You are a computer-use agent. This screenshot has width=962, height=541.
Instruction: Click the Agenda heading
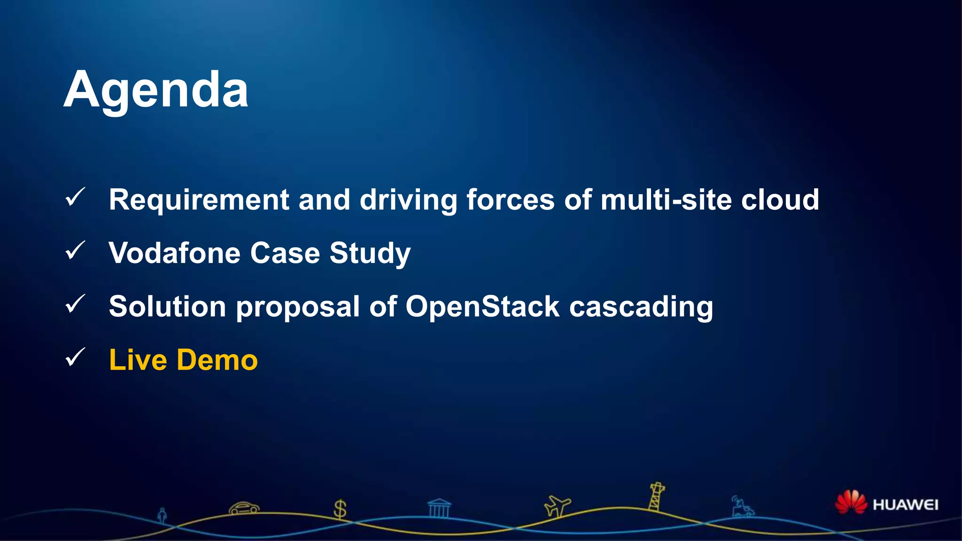click(x=155, y=90)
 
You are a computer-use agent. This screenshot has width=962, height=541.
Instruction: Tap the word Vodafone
click(x=174, y=253)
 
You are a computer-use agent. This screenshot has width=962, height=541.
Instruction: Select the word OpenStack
click(x=482, y=307)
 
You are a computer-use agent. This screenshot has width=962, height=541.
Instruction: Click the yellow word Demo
click(x=217, y=360)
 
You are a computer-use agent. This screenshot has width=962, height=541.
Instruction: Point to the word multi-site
click(x=666, y=200)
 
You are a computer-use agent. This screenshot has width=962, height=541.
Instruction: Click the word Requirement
click(x=199, y=200)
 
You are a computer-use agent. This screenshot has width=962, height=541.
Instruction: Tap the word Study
click(x=370, y=254)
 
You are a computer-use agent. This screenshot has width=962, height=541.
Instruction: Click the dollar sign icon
click(x=340, y=509)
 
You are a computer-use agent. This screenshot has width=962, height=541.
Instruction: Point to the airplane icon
click(x=557, y=506)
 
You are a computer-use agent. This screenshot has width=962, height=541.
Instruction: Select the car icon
click(x=244, y=508)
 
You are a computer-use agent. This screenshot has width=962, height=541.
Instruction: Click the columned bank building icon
click(x=439, y=508)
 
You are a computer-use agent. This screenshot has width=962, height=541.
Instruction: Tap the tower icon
click(x=656, y=497)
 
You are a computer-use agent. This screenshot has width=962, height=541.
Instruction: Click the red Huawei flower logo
click(x=851, y=502)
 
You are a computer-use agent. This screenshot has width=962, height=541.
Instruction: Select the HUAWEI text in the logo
click(x=905, y=505)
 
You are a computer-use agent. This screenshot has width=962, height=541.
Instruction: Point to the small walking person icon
click(x=162, y=516)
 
